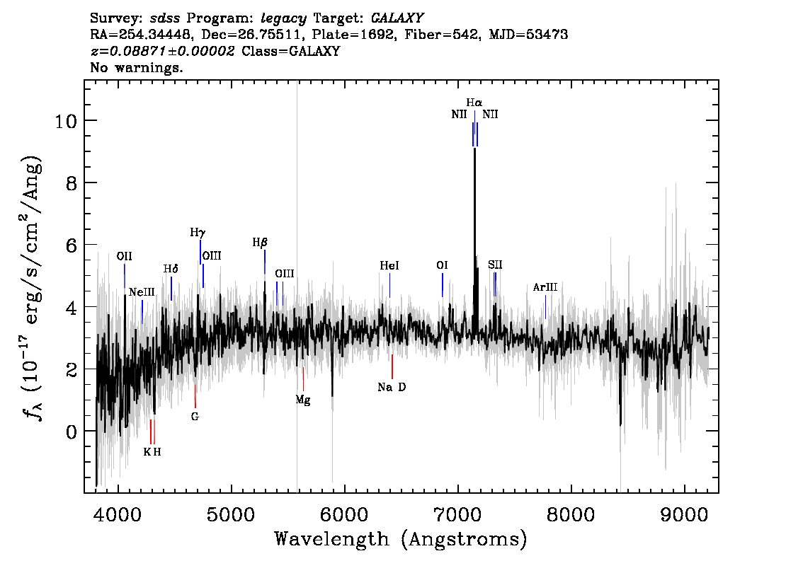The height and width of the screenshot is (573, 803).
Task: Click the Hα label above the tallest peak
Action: pos(474,103)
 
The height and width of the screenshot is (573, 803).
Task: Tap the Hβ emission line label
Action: pos(260,243)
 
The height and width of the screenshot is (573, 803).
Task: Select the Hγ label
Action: pos(198,233)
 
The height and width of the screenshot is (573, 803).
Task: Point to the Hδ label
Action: pos(171,269)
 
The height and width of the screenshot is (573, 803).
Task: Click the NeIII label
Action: pos(142,292)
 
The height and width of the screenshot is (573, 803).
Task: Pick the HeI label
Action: pos(389,265)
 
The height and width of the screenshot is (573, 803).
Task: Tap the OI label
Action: pos(442,265)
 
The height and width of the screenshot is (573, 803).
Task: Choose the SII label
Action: pos(495,265)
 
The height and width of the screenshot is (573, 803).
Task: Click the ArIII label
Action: pos(545,287)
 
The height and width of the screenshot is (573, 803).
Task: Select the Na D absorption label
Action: pos(392,387)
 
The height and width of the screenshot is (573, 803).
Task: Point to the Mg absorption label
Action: pos(302,400)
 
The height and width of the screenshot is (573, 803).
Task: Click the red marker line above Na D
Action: pos(392,366)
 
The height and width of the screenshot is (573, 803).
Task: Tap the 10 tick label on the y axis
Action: pos(66,121)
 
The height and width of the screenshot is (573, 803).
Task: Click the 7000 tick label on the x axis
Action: pos(457,515)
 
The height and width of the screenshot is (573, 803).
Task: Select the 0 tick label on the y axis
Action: pos(72,432)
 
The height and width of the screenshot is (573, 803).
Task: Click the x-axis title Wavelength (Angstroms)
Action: pos(401,539)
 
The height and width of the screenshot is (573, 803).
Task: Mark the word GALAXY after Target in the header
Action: pos(397,18)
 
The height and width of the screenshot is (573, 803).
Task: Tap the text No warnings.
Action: pos(136,67)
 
